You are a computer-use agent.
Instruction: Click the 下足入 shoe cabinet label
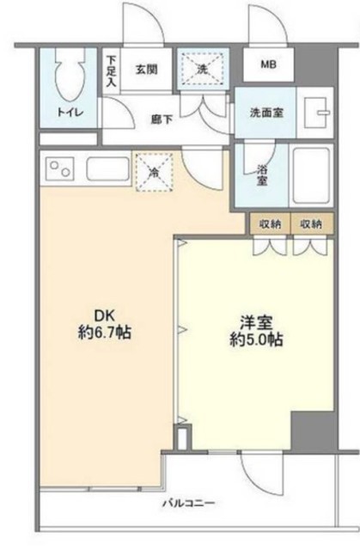pyautogui.click(x=112, y=73)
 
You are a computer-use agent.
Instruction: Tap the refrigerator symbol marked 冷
pyautogui.click(x=154, y=171)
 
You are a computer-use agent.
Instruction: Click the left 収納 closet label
pyautogui.click(x=270, y=223)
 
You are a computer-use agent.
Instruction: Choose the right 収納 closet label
pyautogui.click(x=310, y=223)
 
